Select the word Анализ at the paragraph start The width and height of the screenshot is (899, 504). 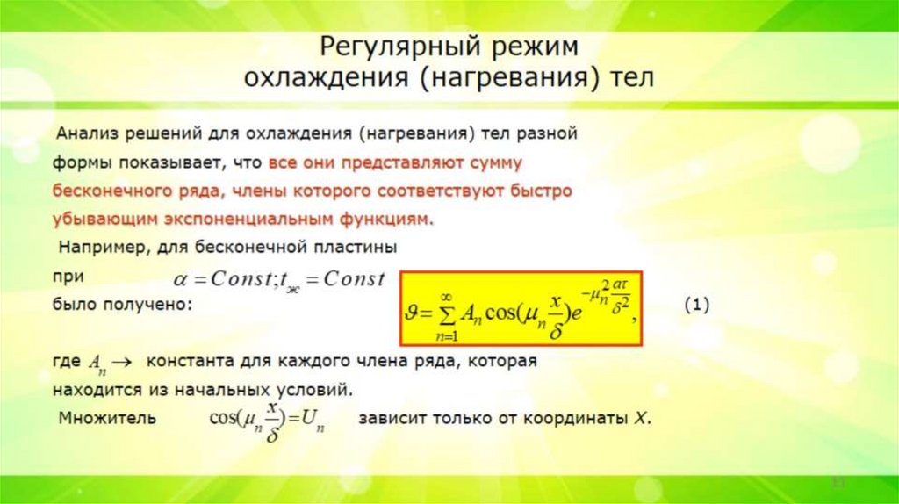[85, 135]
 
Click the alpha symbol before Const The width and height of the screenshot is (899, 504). [181, 279]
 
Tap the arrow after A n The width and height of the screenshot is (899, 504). [121, 361]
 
